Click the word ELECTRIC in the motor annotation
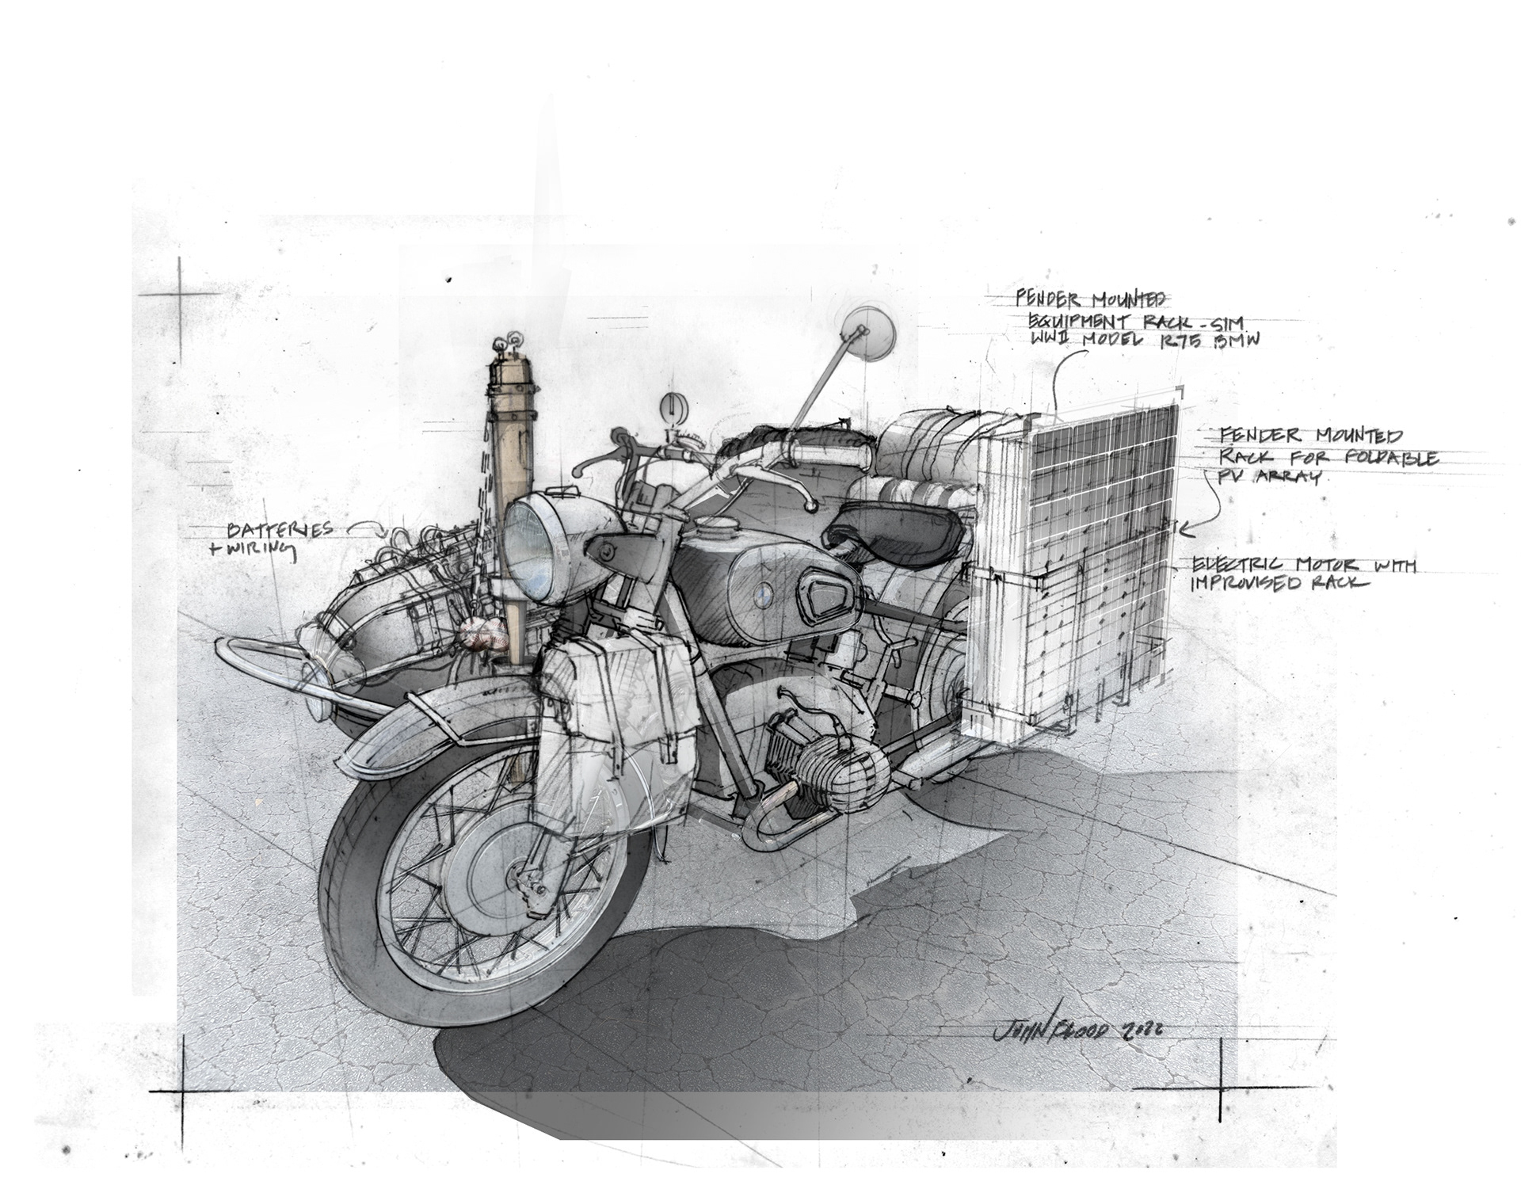click(x=1239, y=564)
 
